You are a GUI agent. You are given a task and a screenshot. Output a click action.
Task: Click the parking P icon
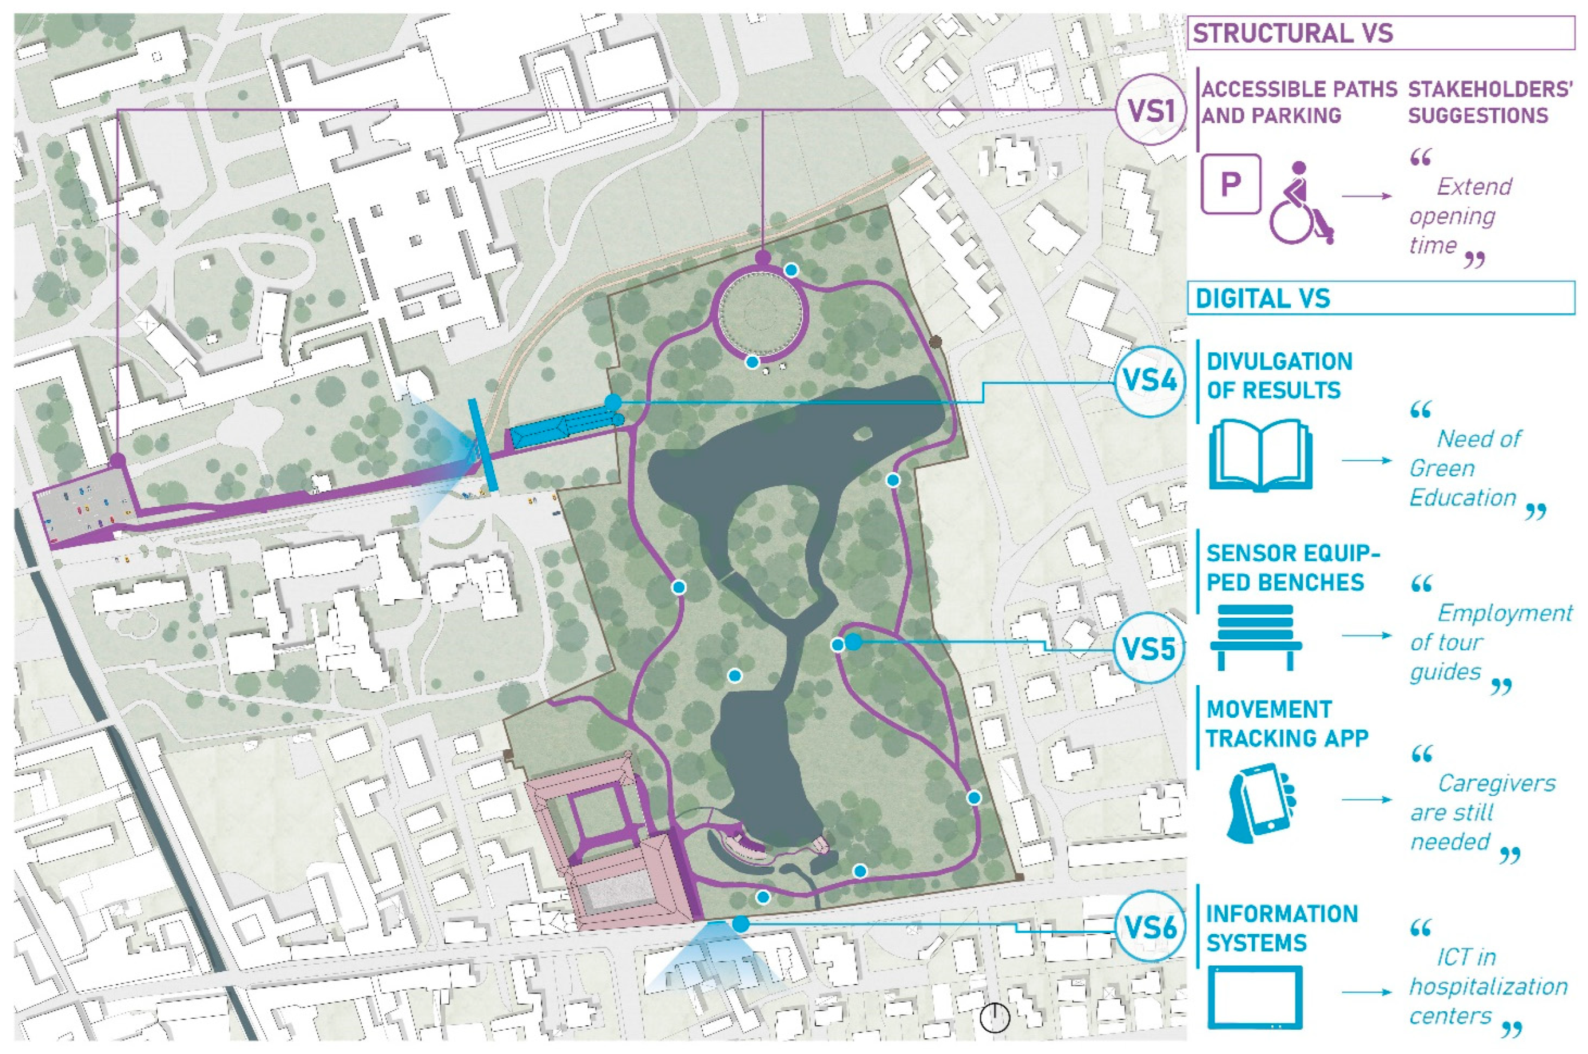(1230, 184)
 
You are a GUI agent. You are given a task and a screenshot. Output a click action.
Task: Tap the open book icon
(1260, 456)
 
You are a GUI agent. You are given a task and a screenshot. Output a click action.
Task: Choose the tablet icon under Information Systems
(1254, 997)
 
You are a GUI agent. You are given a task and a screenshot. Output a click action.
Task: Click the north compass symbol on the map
(995, 1018)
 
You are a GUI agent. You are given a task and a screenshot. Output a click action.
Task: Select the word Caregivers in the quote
(1496, 783)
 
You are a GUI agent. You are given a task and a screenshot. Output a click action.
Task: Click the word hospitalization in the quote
(1488, 987)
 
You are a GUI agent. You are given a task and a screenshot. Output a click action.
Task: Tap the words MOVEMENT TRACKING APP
(1285, 724)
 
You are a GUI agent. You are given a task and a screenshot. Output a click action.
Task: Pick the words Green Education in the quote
(1462, 483)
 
